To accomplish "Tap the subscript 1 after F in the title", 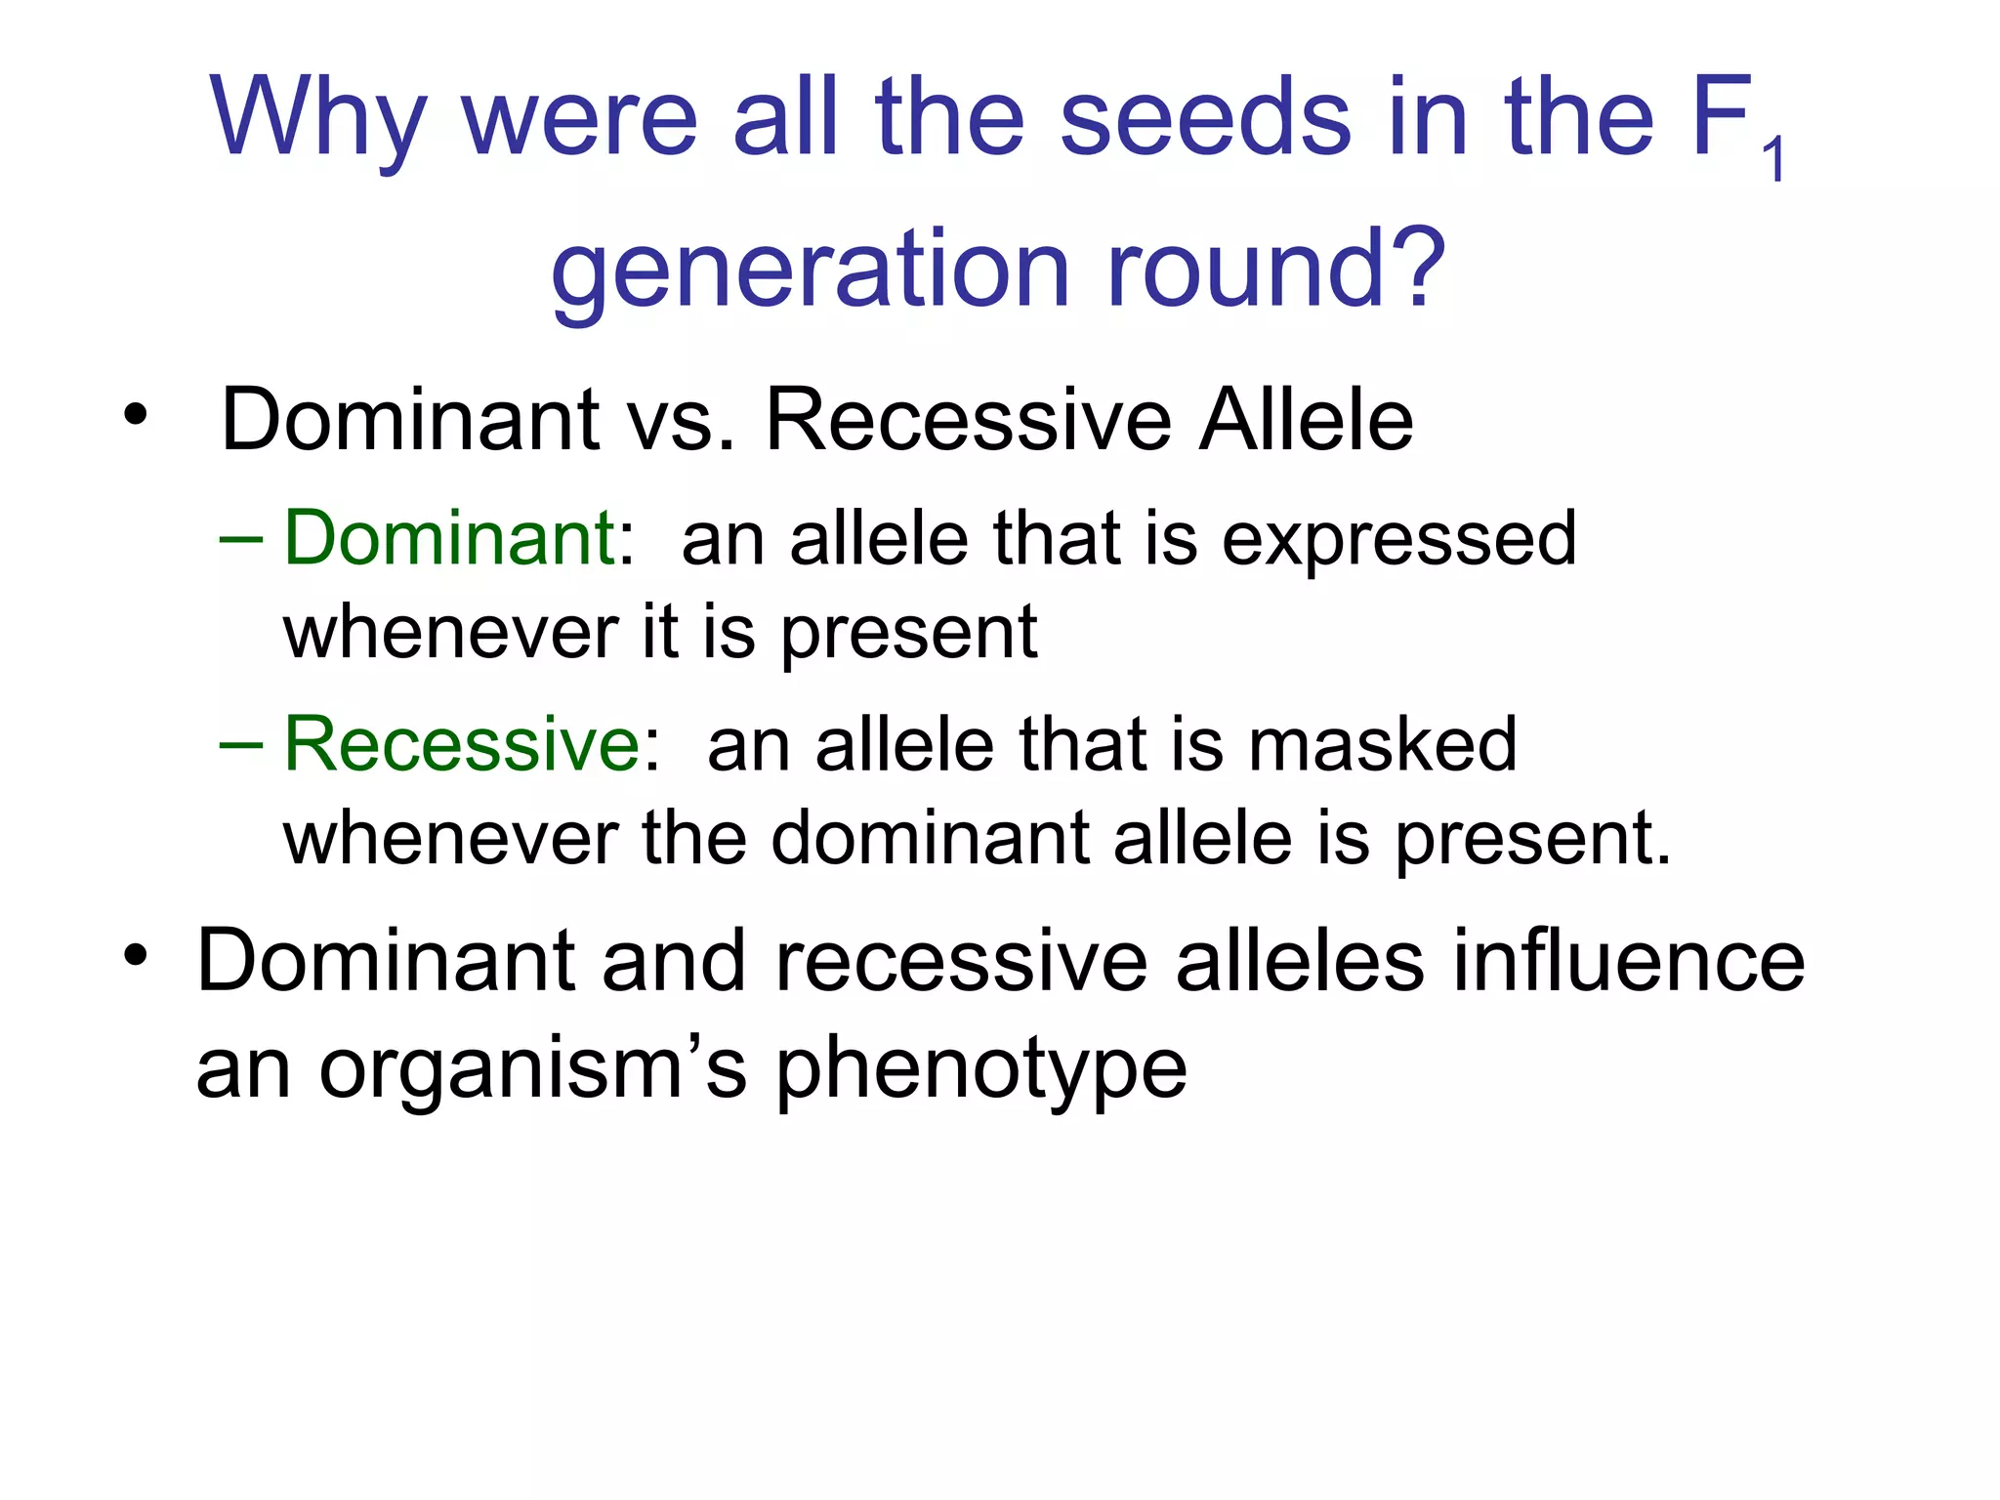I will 1774,159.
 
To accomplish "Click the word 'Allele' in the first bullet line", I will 1306,420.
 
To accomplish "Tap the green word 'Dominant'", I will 448,538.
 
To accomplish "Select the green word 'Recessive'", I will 461,744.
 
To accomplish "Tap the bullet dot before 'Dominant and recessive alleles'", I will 135,954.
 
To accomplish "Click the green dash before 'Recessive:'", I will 240,744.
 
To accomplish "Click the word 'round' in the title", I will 1240,269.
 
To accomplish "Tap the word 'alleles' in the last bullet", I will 1299,962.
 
